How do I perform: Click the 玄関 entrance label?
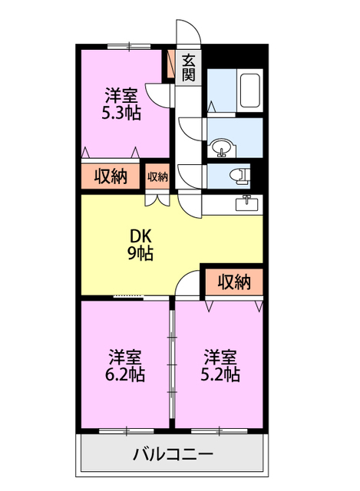[x=189, y=68]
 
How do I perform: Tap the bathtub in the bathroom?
[x=250, y=91]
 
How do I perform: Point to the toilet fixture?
[x=241, y=175]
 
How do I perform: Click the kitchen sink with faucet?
[x=247, y=203]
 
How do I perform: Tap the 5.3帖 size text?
[x=121, y=112]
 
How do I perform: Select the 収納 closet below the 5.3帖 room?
[x=111, y=176]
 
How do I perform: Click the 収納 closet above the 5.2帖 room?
[x=233, y=282]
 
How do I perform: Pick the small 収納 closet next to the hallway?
[x=157, y=176]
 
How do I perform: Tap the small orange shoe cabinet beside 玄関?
[x=171, y=66]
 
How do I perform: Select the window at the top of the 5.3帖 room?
[x=129, y=47]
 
